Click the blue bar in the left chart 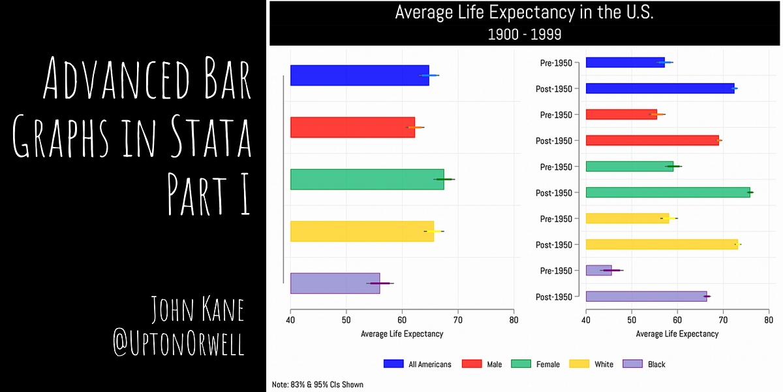point(359,75)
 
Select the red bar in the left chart point(352,127)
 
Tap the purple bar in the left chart point(334,284)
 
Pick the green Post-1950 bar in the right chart point(667,192)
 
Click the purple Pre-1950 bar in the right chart point(598,270)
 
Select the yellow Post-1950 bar point(661,244)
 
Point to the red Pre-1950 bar point(621,114)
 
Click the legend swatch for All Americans point(393,364)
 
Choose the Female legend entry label point(547,365)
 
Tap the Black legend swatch point(633,364)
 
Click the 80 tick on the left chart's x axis point(514,321)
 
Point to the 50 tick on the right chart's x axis point(632,321)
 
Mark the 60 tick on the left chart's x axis point(402,321)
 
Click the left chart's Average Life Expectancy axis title point(402,334)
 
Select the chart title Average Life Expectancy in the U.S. point(525,13)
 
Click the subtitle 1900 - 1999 point(525,34)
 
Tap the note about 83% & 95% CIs point(318,385)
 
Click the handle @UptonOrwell point(179,344)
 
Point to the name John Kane point(197,310)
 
